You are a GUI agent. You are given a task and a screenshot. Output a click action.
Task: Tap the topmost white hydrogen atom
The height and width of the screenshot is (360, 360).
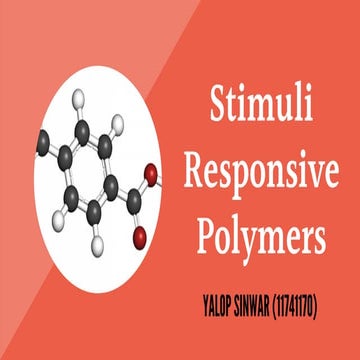[x=116, y=126]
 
